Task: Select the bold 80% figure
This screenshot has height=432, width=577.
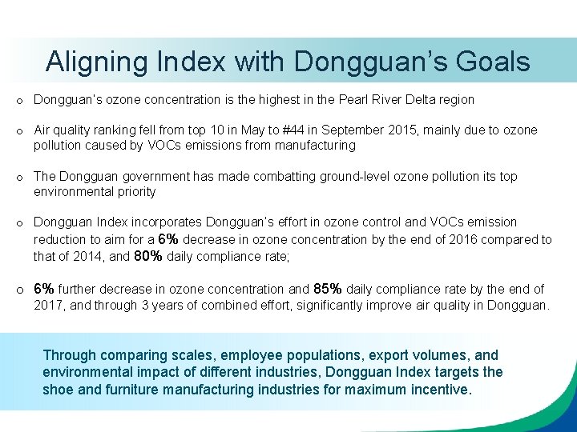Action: [148, 257]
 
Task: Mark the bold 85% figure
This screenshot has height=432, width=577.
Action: [329, 289]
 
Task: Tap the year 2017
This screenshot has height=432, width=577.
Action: [47, 305]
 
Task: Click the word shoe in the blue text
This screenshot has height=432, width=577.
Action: [58, 390]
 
